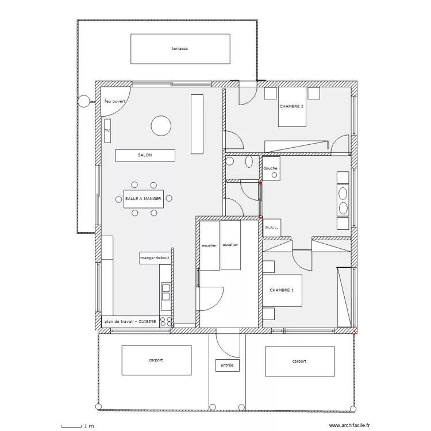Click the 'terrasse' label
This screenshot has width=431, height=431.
pos(180,49)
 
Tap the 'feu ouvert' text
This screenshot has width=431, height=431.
pos(114,101)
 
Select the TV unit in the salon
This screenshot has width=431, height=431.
pos(107,131)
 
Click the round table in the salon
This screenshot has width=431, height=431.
pos(161,126)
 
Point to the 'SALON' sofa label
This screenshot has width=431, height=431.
pos(145,155)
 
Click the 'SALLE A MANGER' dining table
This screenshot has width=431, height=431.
pos(144,199)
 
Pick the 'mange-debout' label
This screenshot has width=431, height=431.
pos(155,258)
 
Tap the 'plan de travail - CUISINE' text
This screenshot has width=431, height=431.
pos(130,321)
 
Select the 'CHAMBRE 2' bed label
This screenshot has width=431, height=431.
pos(291,106)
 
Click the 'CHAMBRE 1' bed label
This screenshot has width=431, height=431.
pos(282,290)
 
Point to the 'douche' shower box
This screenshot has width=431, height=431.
pos(271,168)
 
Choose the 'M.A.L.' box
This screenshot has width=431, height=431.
pos(272,228)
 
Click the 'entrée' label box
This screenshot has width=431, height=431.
pos(228,365)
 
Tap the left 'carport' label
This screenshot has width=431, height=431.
pos(156,360)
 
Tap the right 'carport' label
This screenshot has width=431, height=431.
pos(299,361)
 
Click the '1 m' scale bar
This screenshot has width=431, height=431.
pos(71,426)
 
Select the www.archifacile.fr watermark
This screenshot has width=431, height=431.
pos(349,425)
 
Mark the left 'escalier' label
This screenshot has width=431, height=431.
pos(209,245)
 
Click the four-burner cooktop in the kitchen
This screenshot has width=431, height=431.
pos(166,322)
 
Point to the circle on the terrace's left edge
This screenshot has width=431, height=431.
pos(84,101)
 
